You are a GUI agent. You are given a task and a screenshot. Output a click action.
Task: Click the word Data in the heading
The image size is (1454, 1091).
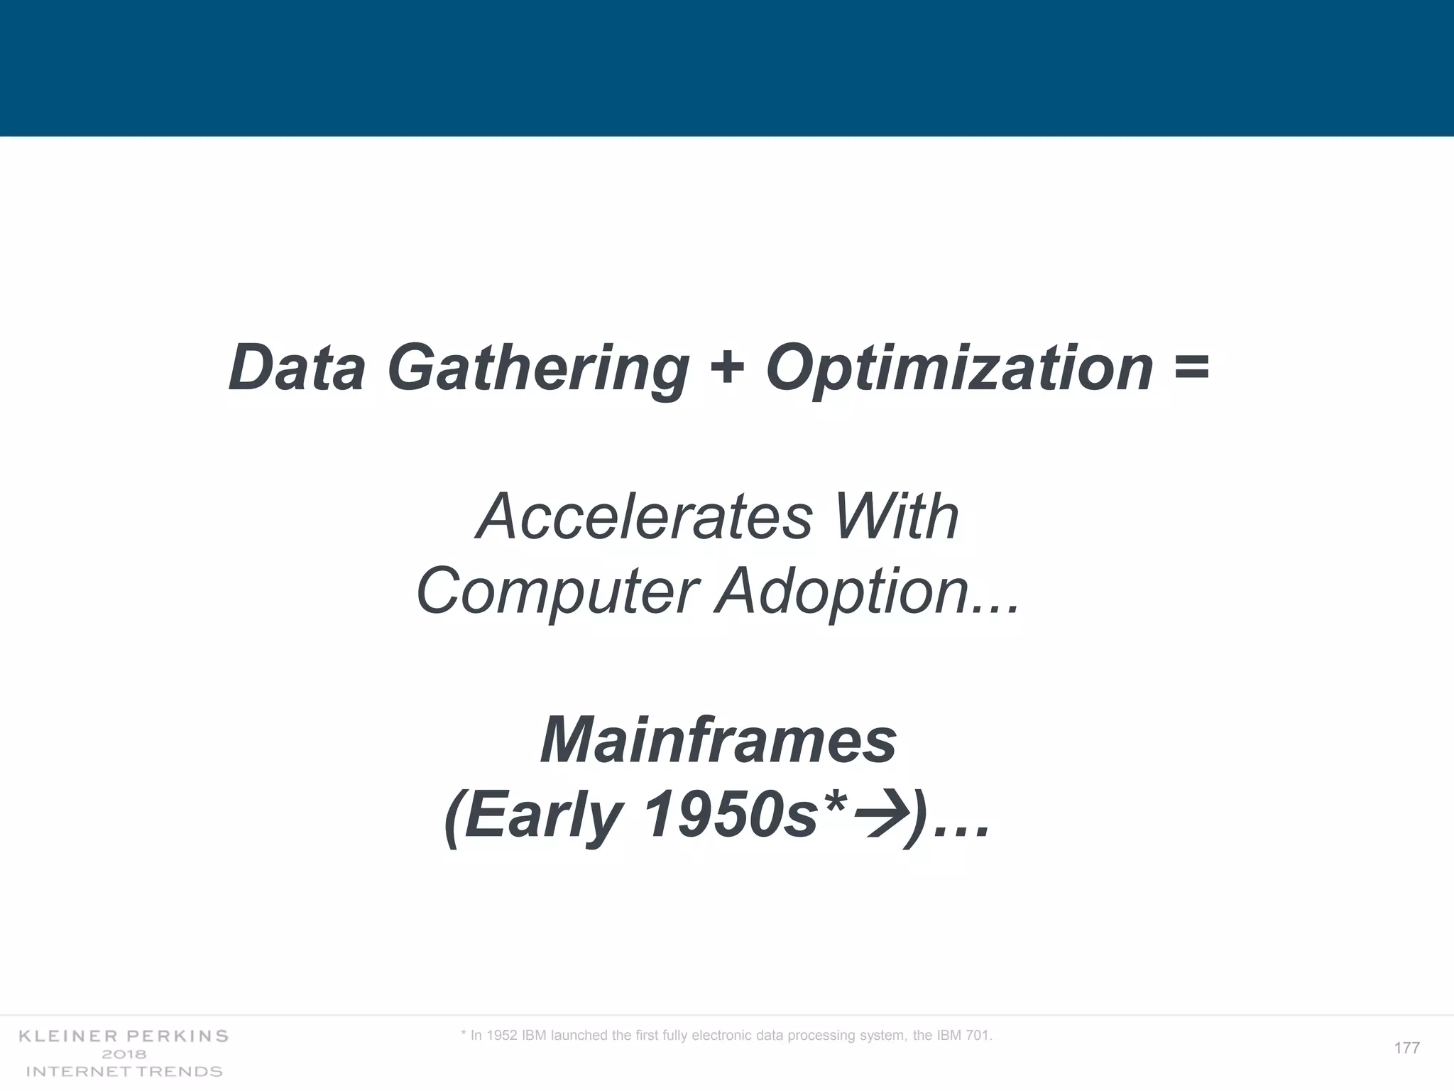297,368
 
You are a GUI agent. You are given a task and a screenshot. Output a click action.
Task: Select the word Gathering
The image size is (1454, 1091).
537,369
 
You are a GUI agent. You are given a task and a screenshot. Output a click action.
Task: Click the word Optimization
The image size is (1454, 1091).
959,369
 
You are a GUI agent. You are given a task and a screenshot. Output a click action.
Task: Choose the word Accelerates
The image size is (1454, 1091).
644,516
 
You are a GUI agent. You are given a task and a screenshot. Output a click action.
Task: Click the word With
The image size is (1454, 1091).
897,516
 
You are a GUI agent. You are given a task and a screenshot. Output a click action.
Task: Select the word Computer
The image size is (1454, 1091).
558,592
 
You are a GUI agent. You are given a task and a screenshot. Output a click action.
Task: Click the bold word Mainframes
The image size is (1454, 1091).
718,741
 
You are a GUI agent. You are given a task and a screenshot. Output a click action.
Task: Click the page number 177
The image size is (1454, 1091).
1406,1048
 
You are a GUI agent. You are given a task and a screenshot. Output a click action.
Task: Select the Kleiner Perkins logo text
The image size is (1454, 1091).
124,1036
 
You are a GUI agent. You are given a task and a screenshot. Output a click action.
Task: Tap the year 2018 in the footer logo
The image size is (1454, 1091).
124,1054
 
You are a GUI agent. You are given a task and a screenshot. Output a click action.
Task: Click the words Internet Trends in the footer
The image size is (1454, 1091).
124,1071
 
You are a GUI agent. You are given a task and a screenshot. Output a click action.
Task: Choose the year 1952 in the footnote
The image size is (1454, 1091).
502,1036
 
